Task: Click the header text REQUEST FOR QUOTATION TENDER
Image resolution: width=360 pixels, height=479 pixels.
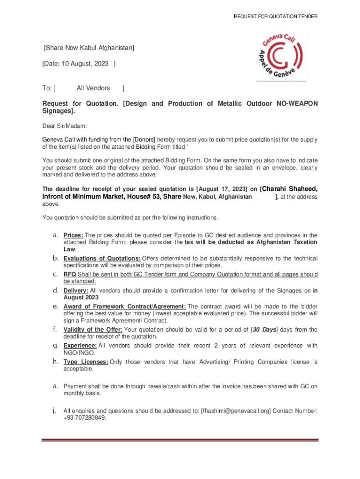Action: tap(276, 16)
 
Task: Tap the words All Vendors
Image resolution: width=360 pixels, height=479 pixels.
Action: tap(94, 88)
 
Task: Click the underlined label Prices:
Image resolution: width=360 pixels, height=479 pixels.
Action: tap(73, 235)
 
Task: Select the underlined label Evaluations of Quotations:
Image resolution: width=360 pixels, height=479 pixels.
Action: tap(102, 258)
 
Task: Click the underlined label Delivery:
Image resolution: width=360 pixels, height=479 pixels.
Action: tap(76, 290)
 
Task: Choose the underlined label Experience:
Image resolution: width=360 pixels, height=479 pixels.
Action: tap(80, 346)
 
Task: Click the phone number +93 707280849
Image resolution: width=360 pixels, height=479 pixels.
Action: tap(85, 418)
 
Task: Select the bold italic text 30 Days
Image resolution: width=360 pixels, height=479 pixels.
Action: tap(264, 329)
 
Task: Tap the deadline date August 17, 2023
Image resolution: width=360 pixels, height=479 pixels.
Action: tap(222, 189)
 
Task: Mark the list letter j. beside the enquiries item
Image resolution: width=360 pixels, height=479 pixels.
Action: tap(55, 411)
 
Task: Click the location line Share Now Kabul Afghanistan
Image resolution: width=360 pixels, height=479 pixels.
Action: tap(89, 47)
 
